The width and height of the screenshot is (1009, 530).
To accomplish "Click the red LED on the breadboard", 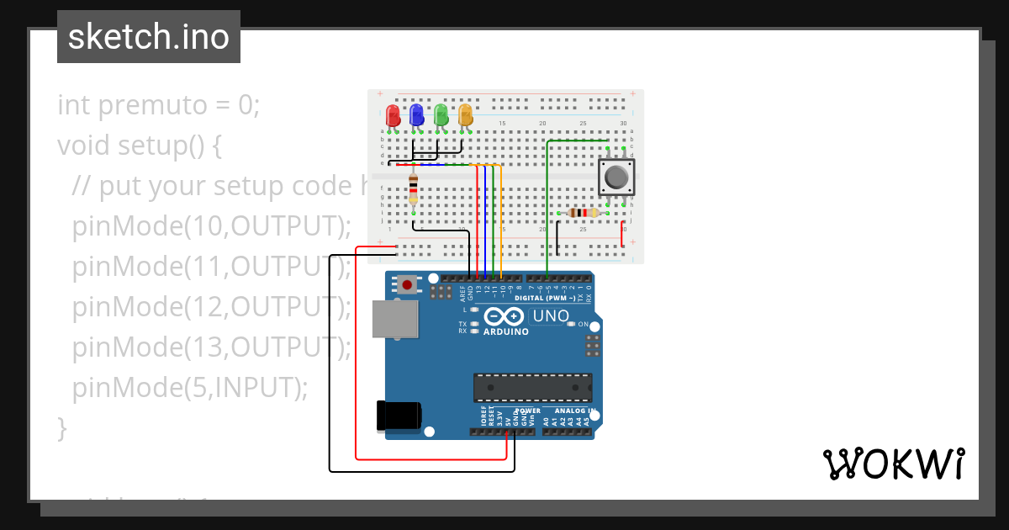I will coord(392,115).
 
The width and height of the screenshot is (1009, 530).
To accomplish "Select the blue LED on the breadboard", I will coord(416,115).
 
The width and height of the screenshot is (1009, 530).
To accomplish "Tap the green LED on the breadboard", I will coord(441,115).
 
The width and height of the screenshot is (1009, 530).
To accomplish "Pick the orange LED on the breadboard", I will coord(465,115).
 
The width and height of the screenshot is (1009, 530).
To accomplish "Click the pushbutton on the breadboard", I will coord(615,178).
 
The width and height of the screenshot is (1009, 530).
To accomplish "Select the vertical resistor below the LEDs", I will coord(413,190).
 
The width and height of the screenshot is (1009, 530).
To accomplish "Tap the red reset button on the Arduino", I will coord(408,285).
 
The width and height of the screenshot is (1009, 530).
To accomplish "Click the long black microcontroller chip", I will coord(532,387).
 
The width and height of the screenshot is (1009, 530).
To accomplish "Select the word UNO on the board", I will coord(552,316).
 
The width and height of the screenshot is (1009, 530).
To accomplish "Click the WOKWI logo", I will coord(893,464).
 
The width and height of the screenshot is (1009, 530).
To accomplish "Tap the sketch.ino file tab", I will coord(149,37).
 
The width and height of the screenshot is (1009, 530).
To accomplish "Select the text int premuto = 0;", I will coord(159,105).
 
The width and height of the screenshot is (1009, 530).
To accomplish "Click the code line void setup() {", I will coord(140,146).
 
